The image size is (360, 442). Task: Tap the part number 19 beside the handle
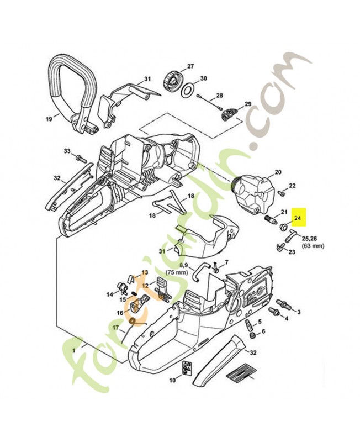coord(49,118)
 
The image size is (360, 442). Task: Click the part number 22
coord(293,186)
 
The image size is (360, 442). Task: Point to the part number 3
coord(299,312)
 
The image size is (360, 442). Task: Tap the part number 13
coord(145,272)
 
